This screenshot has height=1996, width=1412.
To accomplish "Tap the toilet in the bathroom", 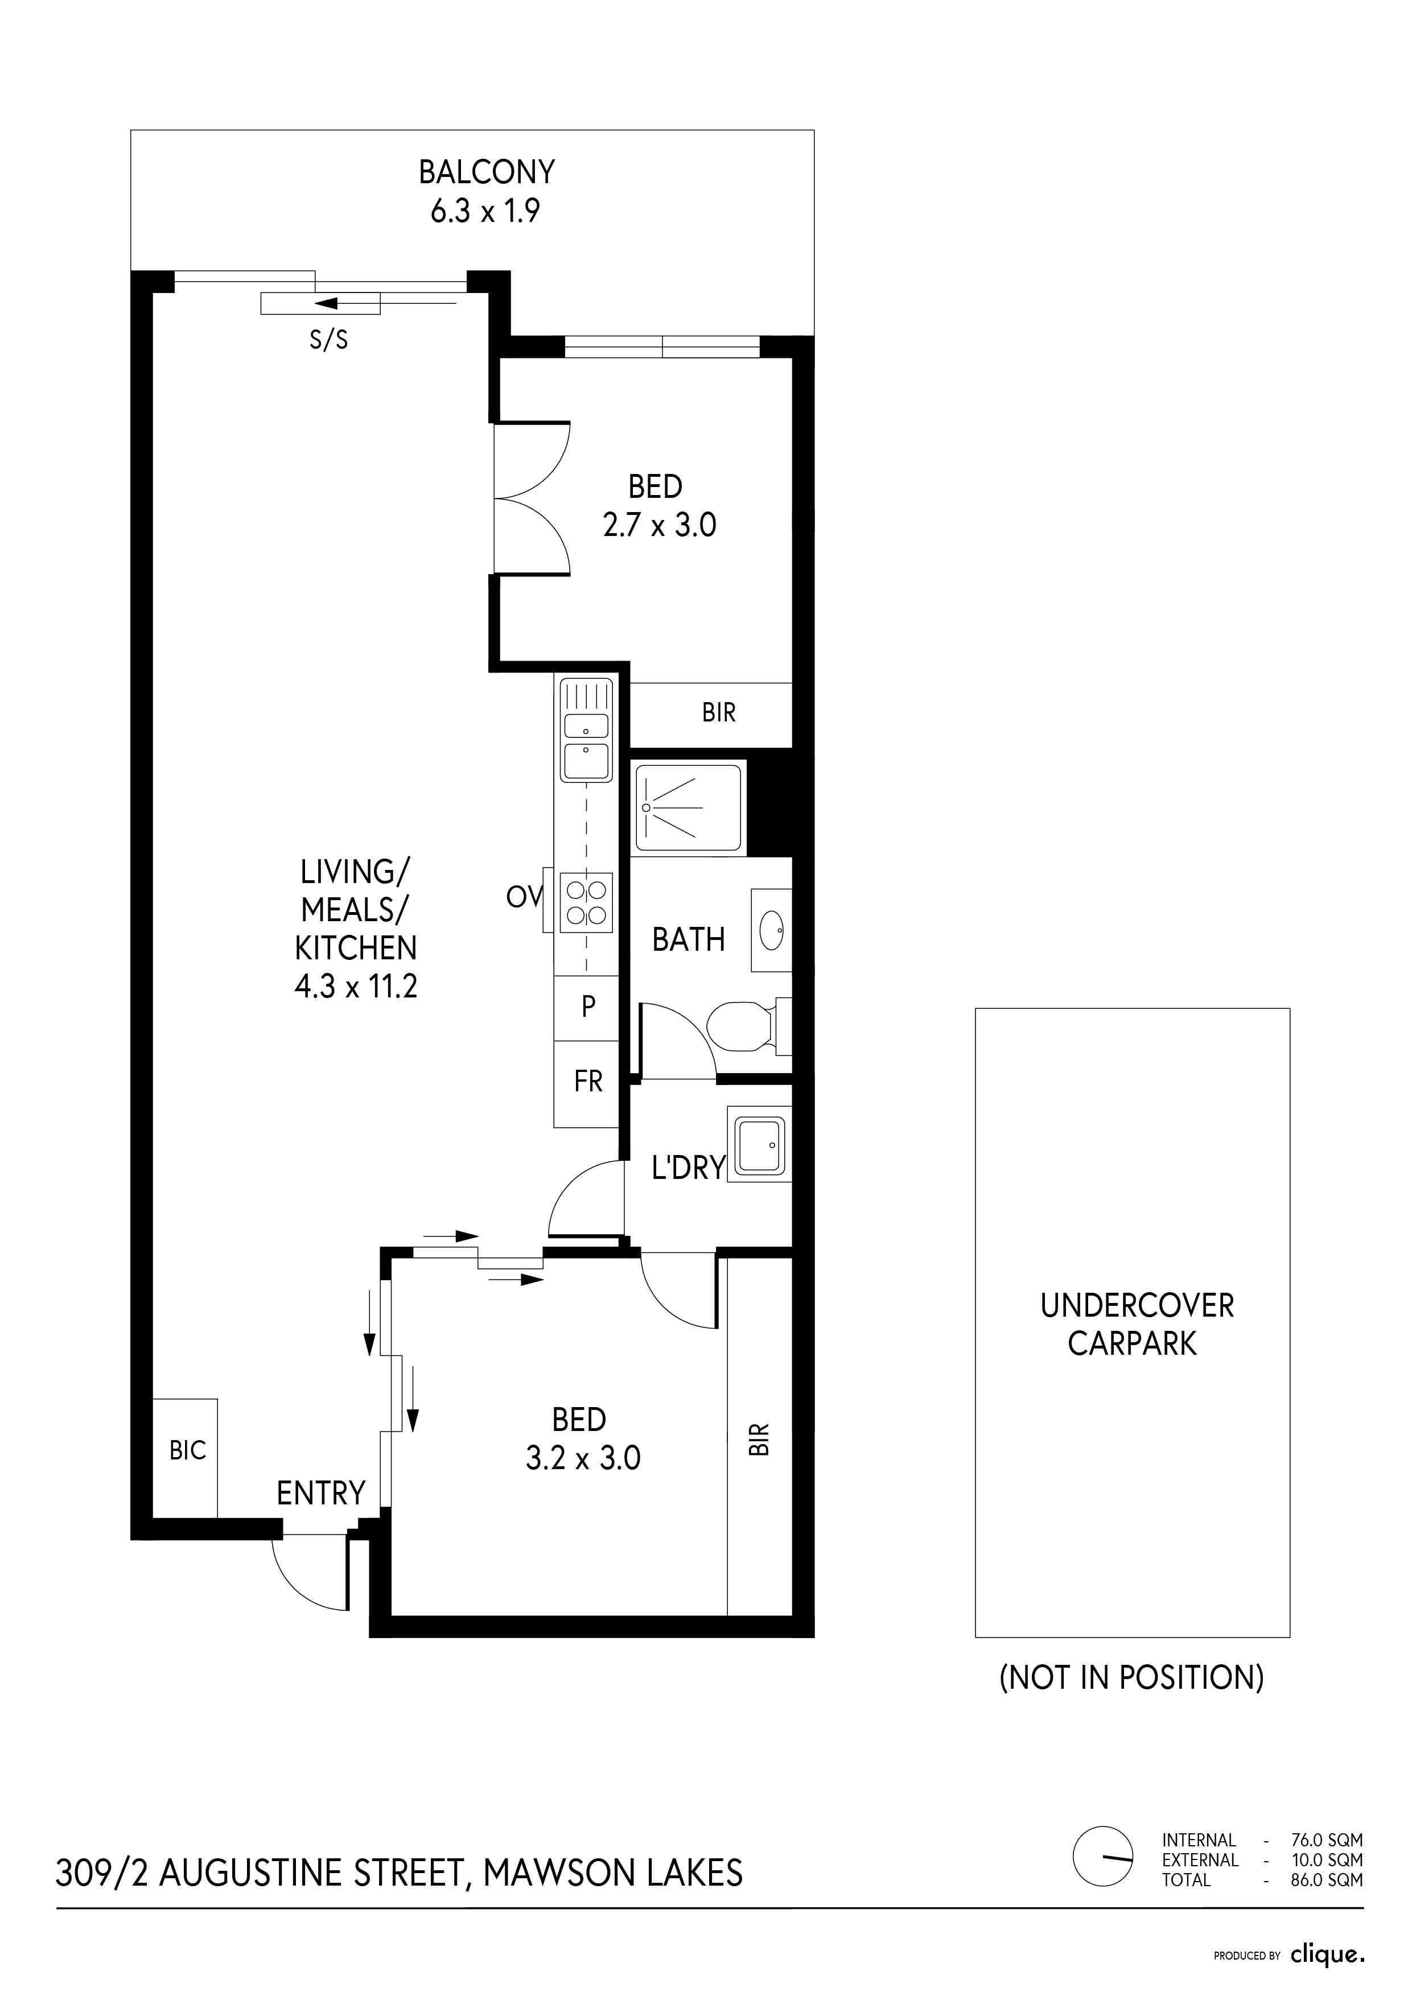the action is point(748,1026).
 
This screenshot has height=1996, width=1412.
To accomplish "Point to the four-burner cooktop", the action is point(586,902).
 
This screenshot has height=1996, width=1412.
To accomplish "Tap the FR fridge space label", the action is point(588,1082).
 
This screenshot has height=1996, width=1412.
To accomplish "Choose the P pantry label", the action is point(588,1007).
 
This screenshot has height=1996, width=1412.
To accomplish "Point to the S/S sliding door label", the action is point(328,339).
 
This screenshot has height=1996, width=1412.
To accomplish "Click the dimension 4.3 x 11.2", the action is point(356,986).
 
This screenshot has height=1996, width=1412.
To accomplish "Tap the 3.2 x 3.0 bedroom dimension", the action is point(583,1458).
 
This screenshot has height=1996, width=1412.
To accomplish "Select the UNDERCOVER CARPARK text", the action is point(1135,1324).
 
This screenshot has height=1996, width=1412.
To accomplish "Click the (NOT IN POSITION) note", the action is point(1131,1677).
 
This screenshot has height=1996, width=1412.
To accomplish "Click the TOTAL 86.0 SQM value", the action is point(1327,1879).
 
